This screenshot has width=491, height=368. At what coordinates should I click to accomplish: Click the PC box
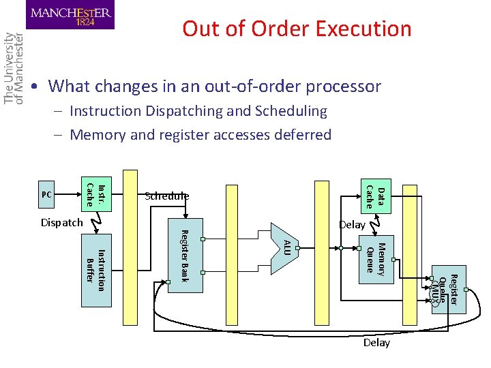point(47,194)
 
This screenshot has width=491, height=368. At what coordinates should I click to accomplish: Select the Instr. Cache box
point(95,194)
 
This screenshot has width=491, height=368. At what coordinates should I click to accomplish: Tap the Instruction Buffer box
point(95,270)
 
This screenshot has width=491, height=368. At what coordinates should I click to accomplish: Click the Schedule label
point(166,196)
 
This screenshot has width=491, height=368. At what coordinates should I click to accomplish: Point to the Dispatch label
point(61,222)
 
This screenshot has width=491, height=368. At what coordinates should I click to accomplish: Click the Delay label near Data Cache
point(352,225)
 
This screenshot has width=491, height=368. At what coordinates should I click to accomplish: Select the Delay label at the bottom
point(376,343)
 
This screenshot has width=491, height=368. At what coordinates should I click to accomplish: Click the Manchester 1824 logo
point(72,14)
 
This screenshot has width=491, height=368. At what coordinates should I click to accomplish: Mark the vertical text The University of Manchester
point(14,68)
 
